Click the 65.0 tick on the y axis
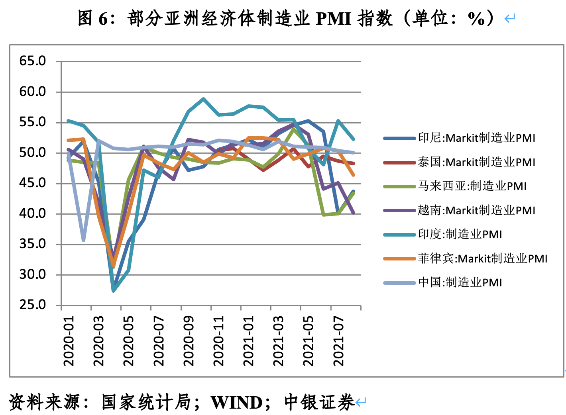pos(32,61)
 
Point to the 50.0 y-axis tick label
pos(32,153)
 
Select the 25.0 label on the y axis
pos(32,305)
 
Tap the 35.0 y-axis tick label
pos(32,244)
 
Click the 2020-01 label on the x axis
pos(69,341)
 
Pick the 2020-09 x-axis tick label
pos(189,341)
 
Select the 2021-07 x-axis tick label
pos(338,341)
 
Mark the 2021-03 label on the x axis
pos(278,341)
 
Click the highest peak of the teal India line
pos(203,98)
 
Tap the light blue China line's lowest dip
pos(83,240)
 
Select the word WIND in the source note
pos(236,403)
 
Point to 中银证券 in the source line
pos(319,403)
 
